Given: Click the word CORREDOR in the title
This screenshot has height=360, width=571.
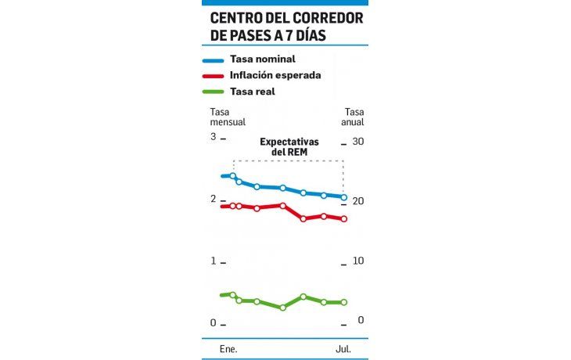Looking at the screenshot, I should [x=324, y=17].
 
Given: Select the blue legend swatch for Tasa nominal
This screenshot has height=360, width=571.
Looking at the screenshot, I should [x=213, y=59].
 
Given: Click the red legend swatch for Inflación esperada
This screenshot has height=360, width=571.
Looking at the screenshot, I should [x=213, y=76].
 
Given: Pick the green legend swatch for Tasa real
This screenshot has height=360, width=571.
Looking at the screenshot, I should [x=213, y=92].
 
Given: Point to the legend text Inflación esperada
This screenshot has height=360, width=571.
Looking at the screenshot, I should [x=275, y=76].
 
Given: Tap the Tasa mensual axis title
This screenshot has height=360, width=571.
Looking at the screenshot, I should [x=228, y=117].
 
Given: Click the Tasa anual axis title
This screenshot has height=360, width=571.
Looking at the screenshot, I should [x=354, y=117].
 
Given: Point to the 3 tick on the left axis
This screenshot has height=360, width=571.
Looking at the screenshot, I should [x=212, y=137].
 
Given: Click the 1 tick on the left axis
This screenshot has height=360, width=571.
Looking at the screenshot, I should [x=212, y=261].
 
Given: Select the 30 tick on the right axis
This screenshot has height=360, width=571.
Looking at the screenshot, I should [x=357, y=142].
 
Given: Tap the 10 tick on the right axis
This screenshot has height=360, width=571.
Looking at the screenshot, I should [x=357, y=261].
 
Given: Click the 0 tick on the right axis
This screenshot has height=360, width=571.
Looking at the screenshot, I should [x=361, y=320].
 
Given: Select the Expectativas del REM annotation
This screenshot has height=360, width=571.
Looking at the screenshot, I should [x=289, y=147].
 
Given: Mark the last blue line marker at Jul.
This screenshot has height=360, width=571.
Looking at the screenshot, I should [x=343, y=197].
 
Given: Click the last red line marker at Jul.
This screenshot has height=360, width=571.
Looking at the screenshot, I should [x=343, y=219].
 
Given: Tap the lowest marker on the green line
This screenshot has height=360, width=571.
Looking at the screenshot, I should [x=283, y=308].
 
